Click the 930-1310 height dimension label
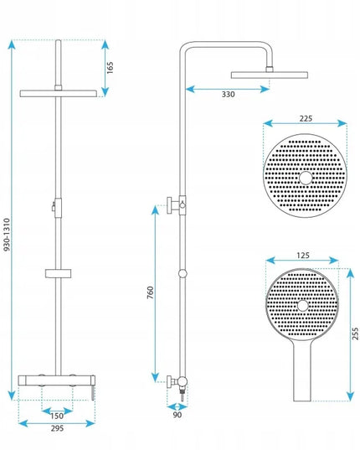[x=8, y=235]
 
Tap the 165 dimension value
[x=110, y=67]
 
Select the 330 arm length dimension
[x=229, y=94]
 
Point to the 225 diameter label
[x=306, y=118]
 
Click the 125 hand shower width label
[x=303, y=255]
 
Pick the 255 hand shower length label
[x=355, y=334]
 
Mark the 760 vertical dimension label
[x=150, y=292]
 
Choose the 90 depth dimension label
[x=177, y=415]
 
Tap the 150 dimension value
[x=57, y=416]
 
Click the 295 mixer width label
[x=57, y=428]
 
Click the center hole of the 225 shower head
[x=306, y=178]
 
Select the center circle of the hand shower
[x=303, y=306]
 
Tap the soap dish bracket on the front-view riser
[x=58, y=273]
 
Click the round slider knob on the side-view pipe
[x=183, y=273]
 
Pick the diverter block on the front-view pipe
[x=58, y=208]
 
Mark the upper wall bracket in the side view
[x=177, y=205]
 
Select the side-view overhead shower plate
[x=270, y=75]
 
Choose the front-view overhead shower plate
[x=58, y=94]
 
